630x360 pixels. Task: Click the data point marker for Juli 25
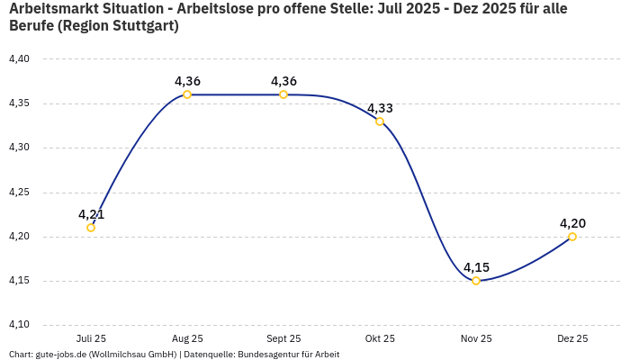pos(91,228)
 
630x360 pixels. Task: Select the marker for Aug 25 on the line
pos(187,94)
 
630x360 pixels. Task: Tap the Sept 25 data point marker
pos(283,94)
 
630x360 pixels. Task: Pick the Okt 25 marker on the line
pos(380,121)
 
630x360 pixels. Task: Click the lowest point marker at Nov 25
pos(476,281)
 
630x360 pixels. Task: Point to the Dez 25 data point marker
pos(572,237)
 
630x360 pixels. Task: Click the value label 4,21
pos(91,214)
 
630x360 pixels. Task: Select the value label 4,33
pos(380,108)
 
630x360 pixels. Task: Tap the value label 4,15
pos(476,267)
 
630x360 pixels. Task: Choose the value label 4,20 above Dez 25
pos(572,223)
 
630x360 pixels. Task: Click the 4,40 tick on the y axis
pos(19,59)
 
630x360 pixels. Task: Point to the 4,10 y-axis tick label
pos(19,325)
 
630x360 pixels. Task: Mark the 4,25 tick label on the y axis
pos(19,193)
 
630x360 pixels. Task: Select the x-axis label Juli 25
pos(91,339)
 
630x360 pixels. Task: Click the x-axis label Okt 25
pos(380,339)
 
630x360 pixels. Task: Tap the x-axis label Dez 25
pos(572,339)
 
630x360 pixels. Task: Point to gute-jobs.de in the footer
pos(63,355)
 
